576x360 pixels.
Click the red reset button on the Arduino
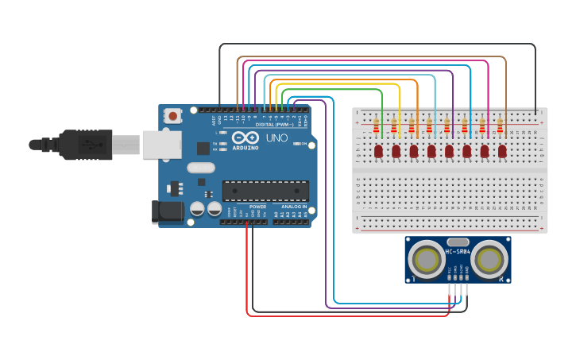click(173, 116)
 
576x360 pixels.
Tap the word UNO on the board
click(276, 138)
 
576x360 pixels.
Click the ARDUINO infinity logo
click(246, 138)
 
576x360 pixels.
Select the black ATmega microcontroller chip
click(265, 191)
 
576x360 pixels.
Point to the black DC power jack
click(165, 211)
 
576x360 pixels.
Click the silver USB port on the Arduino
click(162, 145)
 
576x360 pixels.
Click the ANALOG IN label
click(291, 207)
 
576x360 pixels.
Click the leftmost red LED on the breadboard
click(379, 150)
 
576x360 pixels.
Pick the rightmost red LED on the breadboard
click(502, 150)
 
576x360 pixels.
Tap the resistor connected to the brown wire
click(501, 125)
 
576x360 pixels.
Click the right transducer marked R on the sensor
click(490, 259)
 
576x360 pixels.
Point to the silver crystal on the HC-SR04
click(458, 241)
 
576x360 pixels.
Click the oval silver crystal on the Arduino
click(202, 168)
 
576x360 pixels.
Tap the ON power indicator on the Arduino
click(301, 144)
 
